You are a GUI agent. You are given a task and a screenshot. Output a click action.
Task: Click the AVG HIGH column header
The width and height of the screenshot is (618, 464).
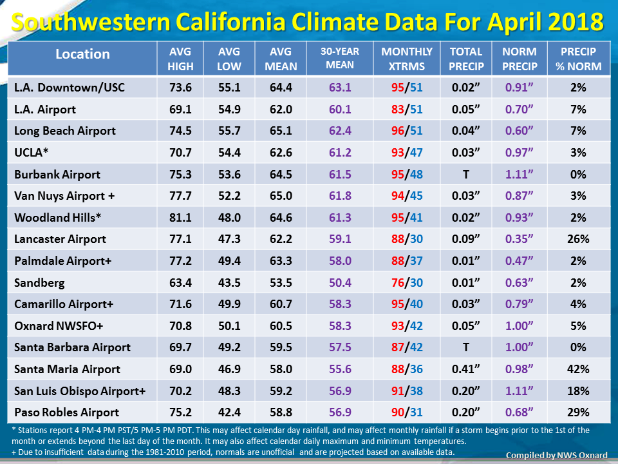click(180, 59)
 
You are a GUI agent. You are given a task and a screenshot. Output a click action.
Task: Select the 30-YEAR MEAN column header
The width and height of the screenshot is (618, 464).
click(340, 58)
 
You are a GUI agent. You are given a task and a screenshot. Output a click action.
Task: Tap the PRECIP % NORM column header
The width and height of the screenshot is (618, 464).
click(579, 59)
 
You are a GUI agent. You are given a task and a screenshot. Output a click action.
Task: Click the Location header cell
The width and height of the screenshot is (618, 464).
click(82, 53)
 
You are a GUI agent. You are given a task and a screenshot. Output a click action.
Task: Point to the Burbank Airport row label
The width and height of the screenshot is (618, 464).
click(57, 175)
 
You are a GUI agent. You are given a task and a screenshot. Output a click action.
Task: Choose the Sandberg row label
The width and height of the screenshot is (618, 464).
click(39, 283)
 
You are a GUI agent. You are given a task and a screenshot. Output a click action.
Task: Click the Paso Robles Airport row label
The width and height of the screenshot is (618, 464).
click(66, 412)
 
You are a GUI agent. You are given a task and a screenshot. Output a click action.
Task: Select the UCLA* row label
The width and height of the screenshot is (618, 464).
click(31, 152)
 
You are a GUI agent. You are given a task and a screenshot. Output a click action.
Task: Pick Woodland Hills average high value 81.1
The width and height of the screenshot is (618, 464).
click(180, 217)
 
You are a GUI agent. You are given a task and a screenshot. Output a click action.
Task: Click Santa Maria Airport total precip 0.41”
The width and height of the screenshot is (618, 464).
click(466, 369)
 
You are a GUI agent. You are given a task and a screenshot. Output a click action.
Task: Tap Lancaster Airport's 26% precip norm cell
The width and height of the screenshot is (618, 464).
click(578, 239)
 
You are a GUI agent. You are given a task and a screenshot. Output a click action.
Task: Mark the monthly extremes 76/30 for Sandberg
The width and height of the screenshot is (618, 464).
click(407, 282)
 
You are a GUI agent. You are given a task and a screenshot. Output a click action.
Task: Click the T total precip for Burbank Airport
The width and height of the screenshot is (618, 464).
click(466, 175)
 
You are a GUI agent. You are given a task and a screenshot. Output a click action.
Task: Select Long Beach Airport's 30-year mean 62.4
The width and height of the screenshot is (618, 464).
click(340, 131)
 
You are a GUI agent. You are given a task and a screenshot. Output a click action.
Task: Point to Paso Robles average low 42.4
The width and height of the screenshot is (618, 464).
click(229, 412)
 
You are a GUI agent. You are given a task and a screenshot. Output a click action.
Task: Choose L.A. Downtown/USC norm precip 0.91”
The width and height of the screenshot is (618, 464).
click(520, 88)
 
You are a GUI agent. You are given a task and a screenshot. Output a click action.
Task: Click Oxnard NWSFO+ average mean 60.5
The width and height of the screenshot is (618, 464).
click(281, 326)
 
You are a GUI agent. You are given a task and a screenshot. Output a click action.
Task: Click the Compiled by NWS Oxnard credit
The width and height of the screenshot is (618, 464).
click(556, 456)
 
